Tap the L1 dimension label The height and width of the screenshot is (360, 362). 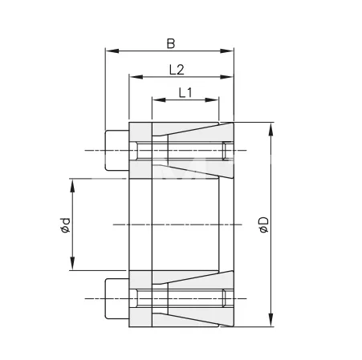[x=185, y=91]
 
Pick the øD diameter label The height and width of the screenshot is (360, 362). [x=262, y=225]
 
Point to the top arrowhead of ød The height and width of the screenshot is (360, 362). [x=72, y=184]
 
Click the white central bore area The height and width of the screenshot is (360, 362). [x=185, y=224]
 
